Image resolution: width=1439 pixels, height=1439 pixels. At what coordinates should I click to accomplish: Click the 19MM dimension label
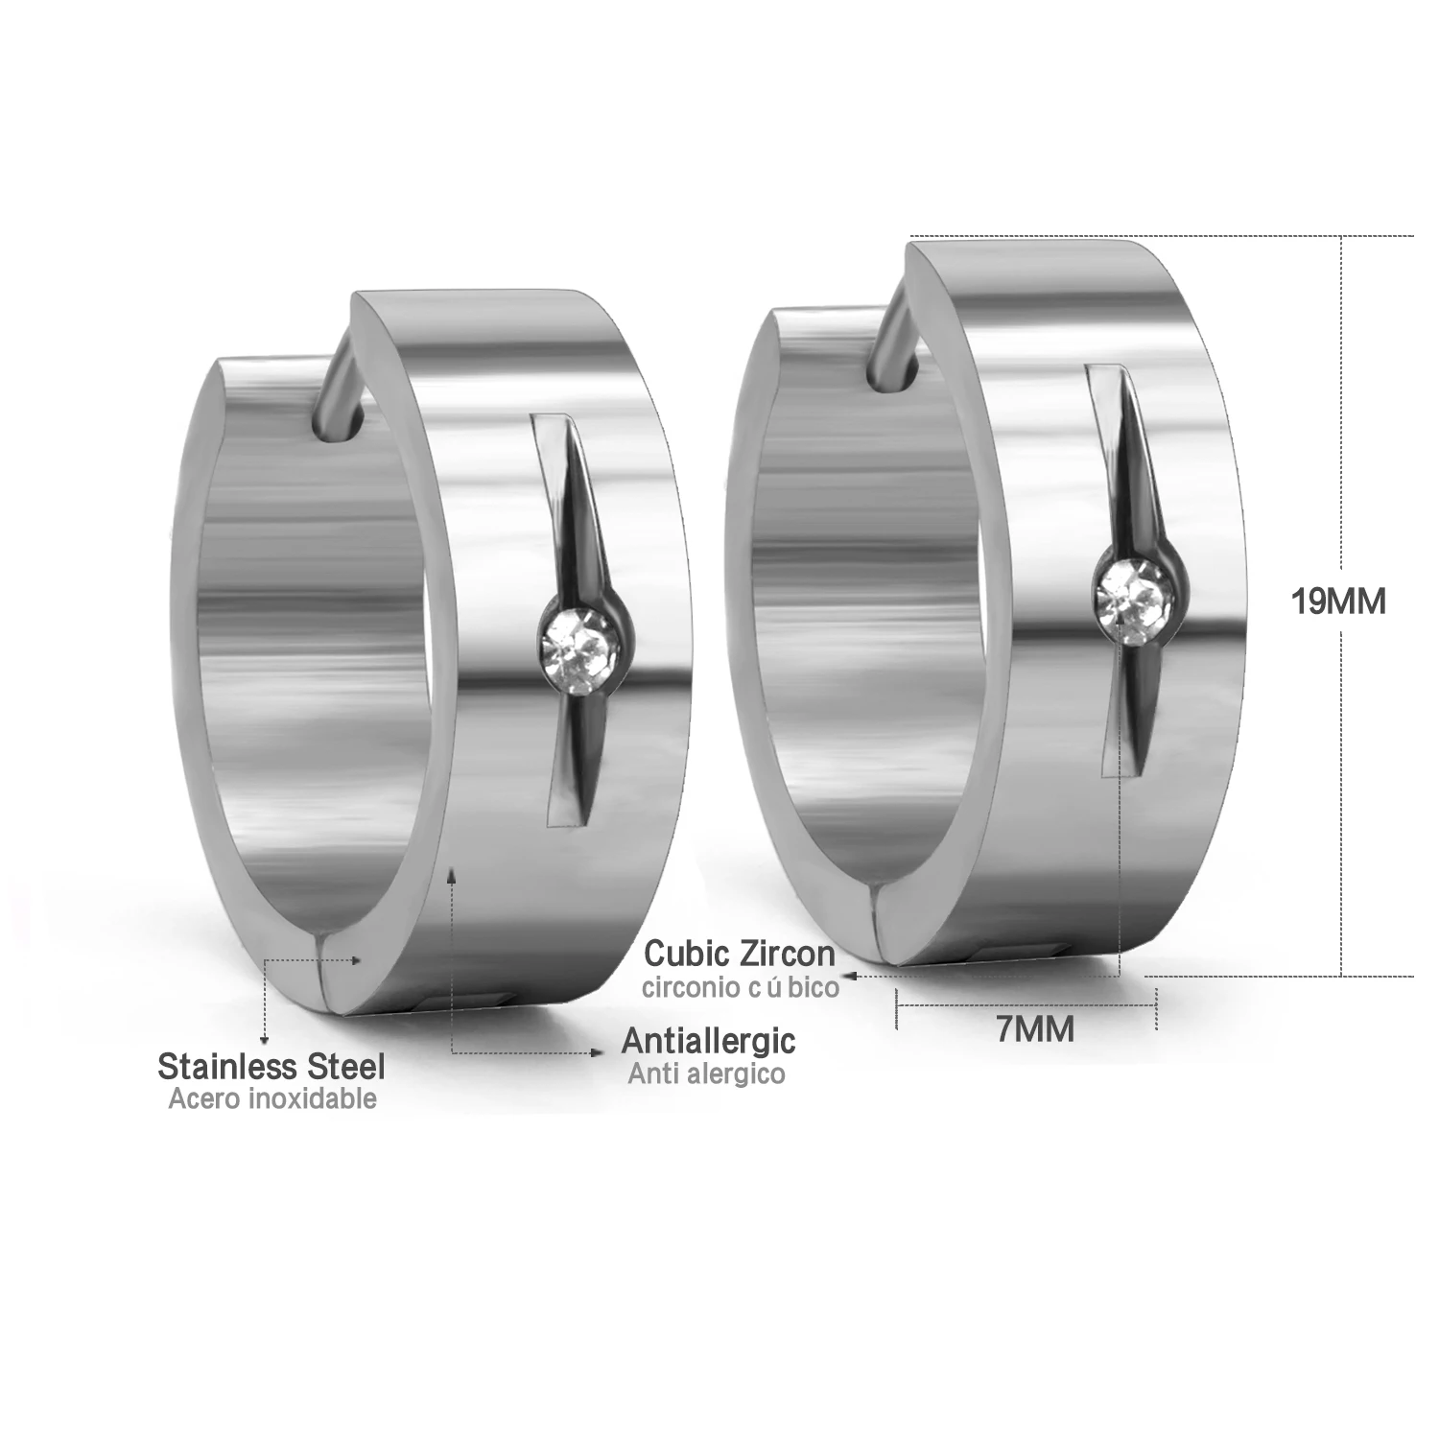point(1338,602)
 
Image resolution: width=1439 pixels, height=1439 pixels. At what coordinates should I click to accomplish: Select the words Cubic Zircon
point(740,954)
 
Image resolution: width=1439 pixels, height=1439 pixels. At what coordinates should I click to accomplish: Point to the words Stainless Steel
point(271,1066)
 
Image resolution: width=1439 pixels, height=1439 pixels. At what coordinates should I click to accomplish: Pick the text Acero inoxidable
point(272,1098)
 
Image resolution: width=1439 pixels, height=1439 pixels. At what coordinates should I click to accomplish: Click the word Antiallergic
point(709,1040)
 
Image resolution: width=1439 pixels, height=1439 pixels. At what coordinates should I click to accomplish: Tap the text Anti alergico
point(707,1073)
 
